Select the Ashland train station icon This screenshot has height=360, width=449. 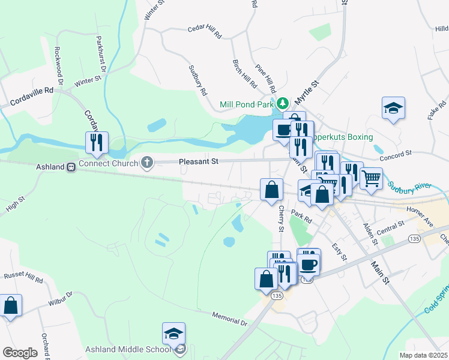coord(71,167)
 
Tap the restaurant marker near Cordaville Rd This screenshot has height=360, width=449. coord(97,143)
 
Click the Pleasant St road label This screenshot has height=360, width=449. coord(198,161)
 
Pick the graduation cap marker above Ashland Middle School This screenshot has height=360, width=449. coord(173,334)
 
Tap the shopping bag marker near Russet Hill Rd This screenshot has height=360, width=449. coord(11,305)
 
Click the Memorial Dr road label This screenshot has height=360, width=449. coord(230,318)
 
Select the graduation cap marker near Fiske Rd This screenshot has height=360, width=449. coord(393,109)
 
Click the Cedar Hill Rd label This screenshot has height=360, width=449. coord(205,32)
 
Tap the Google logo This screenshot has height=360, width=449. coord(20,353)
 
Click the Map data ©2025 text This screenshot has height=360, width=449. coord(423,355)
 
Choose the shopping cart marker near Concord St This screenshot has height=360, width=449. coord(371,178)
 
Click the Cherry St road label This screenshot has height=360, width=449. coord(281,218)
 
